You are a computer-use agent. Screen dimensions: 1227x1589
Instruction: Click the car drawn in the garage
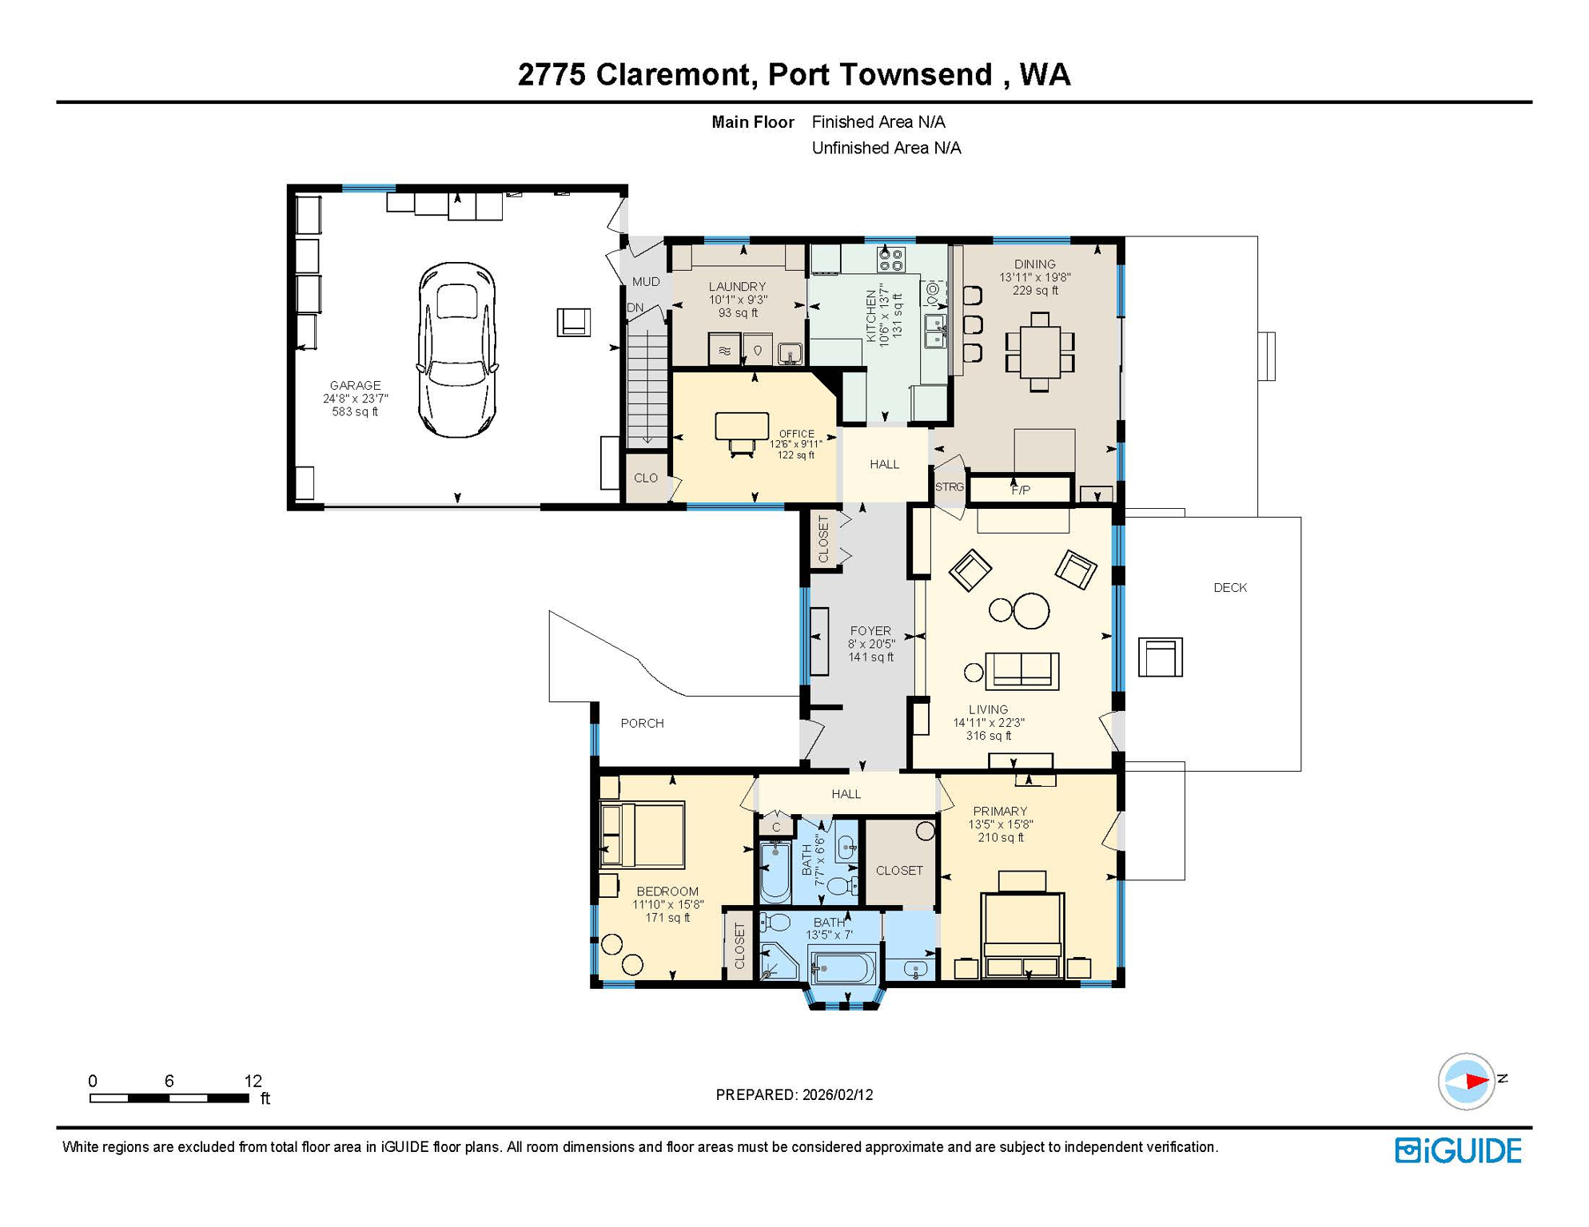457,350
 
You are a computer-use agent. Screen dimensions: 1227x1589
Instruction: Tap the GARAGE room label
356,385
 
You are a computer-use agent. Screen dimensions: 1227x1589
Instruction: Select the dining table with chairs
1039,352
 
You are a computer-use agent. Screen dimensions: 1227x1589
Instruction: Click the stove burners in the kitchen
891,260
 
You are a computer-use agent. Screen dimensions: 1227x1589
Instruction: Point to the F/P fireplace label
1021,490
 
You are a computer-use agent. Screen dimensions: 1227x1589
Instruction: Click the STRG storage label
950,486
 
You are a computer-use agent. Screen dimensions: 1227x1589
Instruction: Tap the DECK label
1230,588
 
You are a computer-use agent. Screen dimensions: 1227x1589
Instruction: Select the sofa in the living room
1022,670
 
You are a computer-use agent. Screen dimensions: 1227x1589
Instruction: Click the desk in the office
742,426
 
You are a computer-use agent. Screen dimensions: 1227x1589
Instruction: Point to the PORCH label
643,724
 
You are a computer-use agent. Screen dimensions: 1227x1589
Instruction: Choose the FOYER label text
870,631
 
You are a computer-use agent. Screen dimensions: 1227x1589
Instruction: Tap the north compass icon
1468,1082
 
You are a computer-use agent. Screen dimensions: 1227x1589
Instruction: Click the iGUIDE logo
1458,1151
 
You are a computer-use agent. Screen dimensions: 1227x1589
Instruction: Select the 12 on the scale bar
253,1081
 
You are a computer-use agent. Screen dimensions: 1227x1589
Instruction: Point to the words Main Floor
753,122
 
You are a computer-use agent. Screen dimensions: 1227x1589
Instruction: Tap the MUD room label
646,282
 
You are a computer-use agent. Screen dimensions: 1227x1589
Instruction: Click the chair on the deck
1160,657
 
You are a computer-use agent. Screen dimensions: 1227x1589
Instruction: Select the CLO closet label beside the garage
646,478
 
